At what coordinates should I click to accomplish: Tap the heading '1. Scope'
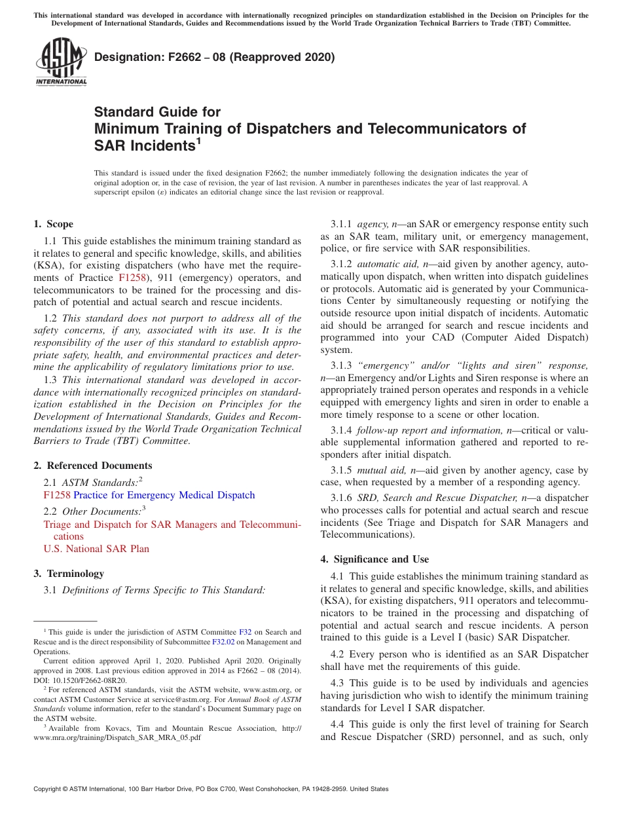pos(54,224)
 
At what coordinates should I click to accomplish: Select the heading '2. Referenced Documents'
pos(93,466)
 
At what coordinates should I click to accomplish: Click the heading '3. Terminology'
pos(69,574)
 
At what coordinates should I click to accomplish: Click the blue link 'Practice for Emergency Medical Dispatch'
pos(164,495)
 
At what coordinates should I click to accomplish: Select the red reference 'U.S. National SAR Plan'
pos(96,549)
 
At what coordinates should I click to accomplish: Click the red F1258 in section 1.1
pos(132,278)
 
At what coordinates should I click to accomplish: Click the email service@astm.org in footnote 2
pos(187,699)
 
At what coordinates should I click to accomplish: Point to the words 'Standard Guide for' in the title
pos(157,112)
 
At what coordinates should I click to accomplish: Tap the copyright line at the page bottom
pos(211,789)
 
